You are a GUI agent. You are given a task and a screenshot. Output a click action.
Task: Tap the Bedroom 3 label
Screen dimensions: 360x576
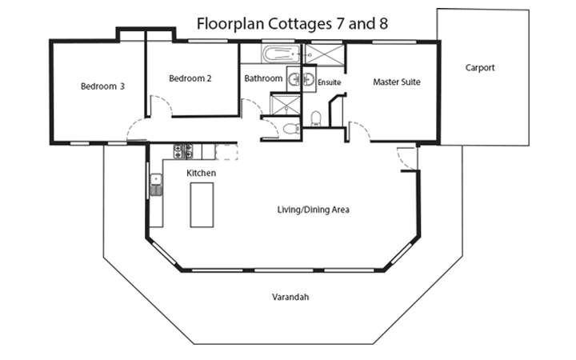102,86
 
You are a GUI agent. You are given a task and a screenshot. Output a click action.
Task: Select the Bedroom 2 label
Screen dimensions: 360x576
190,78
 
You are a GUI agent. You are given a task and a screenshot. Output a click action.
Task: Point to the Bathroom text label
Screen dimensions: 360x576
263,79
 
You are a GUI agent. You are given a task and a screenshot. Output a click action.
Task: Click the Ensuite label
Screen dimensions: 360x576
330,82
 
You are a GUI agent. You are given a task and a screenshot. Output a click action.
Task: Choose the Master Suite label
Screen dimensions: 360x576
397,82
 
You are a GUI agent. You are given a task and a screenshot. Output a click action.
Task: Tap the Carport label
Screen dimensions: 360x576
480,68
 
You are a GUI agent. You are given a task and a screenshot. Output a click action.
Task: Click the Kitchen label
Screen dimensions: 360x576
201,173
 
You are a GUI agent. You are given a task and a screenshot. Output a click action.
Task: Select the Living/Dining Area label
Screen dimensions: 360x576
313,210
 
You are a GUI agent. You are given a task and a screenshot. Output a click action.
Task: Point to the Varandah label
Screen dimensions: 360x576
290,297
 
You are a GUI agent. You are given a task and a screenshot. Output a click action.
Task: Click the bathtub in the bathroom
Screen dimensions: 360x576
280,55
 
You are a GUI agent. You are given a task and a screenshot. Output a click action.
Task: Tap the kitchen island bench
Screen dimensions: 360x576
202,205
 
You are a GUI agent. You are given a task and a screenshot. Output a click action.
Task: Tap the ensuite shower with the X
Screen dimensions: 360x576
325,54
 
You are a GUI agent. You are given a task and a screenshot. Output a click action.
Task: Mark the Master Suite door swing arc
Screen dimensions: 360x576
358,133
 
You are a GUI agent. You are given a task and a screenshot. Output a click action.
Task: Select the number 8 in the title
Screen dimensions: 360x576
384,24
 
